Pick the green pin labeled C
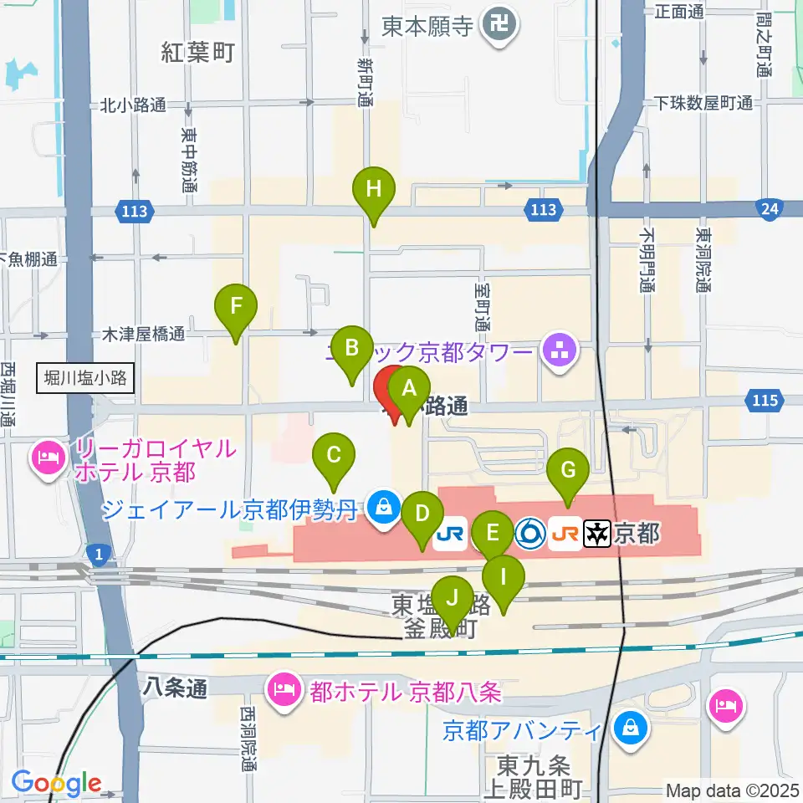pyautogui.click(x=333, y=456)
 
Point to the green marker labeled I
pyautogui.click(x=504, y=578)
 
